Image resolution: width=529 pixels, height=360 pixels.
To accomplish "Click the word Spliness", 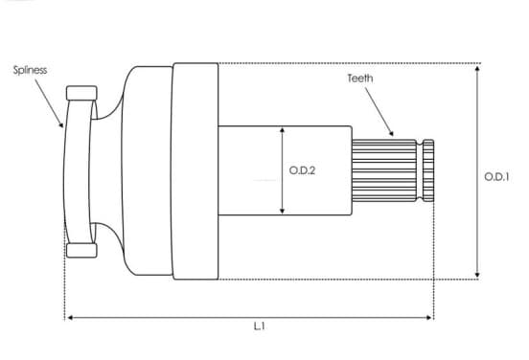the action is pos(30,70).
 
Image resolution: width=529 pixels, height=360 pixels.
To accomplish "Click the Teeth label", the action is pos(360,79).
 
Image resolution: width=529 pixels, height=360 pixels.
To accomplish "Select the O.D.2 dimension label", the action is pos(302,170).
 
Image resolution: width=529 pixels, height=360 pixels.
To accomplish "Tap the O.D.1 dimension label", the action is pos(496,176).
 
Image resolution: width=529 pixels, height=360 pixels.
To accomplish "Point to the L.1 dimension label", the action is pos(259,326).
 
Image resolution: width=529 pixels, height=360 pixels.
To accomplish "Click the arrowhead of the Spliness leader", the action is pos(61,125).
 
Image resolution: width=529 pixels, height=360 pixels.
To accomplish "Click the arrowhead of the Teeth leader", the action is pos(391,133).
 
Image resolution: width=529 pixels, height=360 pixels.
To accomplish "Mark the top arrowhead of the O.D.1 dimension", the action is pos(477,68).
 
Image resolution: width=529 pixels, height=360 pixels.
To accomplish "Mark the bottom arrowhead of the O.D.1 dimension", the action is pos(477,275).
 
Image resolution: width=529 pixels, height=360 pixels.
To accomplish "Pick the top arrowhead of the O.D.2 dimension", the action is pos(283,130).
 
